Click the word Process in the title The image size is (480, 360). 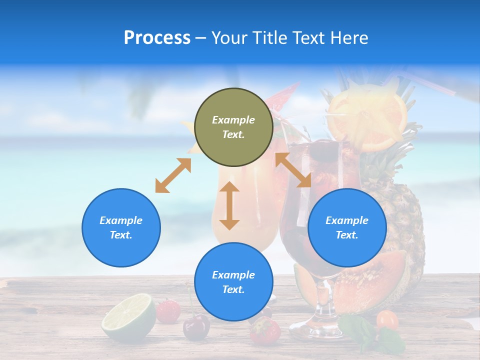click(x=157, y=38)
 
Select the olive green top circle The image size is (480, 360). click(x=233, y=127)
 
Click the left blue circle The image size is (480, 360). click(x=121, y=227)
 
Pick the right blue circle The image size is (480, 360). click(x=347, y=227)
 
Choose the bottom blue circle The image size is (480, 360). click(x=233, y=281)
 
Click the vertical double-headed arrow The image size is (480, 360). click(x=229, y=205)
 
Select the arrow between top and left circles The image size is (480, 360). click(x=173, y=175)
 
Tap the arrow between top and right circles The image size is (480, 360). click(x=293, y=170)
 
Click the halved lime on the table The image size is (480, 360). click(x=129, y=318)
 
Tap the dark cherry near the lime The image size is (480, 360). click(x=196, y=327)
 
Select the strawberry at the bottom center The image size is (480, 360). click(x=265, y=330)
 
